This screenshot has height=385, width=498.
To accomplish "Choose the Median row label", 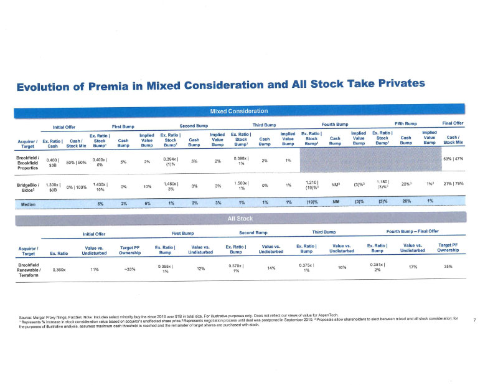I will (27, 203).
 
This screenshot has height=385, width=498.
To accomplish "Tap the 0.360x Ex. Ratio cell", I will (60, 270).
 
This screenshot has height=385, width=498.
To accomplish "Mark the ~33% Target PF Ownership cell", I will (130, 269).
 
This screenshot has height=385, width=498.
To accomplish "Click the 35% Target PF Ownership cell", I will (448, 266).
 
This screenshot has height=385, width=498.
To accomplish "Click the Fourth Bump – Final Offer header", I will (413, 232).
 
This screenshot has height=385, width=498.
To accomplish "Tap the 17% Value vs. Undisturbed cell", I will (413, 267).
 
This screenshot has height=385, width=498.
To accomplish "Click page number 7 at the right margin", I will (475, 320).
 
